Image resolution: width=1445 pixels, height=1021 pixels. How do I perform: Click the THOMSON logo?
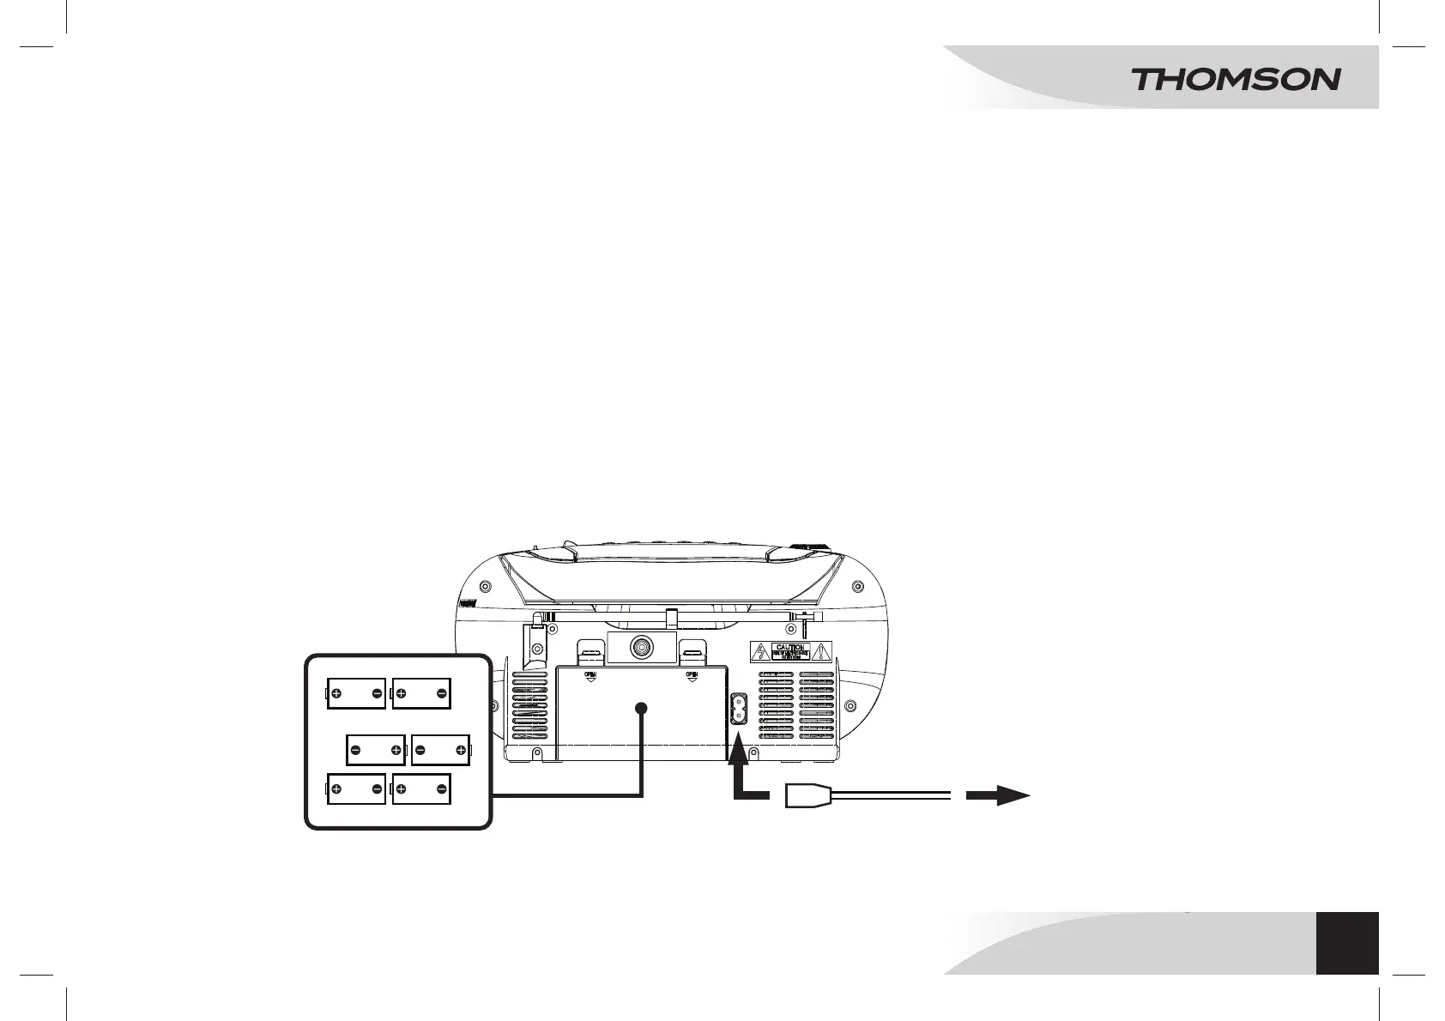(1236, 80)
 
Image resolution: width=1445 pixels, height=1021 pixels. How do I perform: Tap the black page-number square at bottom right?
(1347, 942)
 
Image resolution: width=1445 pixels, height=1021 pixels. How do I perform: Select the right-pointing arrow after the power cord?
(999, 796)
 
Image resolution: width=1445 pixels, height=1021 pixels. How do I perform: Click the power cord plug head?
(807, 796)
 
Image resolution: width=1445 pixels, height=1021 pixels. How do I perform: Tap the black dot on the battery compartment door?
(641, 708)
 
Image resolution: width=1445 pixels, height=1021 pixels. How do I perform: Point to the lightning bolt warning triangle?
(759, 652)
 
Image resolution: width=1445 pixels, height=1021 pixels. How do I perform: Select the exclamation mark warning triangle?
(822, 652)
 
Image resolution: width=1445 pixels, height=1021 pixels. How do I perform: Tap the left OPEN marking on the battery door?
(590, 676)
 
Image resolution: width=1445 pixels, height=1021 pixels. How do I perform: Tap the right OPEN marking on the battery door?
(692, 676)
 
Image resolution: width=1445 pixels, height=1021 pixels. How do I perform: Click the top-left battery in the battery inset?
(356, 693)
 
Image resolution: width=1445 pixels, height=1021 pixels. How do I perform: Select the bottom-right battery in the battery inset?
(421, 788)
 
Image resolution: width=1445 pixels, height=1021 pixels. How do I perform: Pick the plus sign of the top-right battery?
(401, 693)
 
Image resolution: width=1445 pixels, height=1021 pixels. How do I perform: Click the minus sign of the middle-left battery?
(354, 751)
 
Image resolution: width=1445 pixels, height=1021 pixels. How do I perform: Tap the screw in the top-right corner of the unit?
(857, 587)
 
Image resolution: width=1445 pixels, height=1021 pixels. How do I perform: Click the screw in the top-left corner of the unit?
(486, 587)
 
